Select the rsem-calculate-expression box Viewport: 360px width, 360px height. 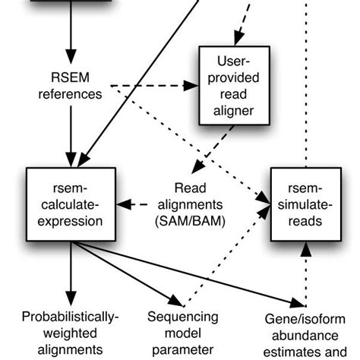[x=70, y=204]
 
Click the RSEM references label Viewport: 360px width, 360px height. [x=71, y=87]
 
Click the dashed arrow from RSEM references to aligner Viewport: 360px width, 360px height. [x=152, y=86]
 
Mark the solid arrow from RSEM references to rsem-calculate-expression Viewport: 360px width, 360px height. [x=71, y=137]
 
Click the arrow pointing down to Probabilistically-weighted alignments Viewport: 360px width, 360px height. [x=71, y=273]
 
